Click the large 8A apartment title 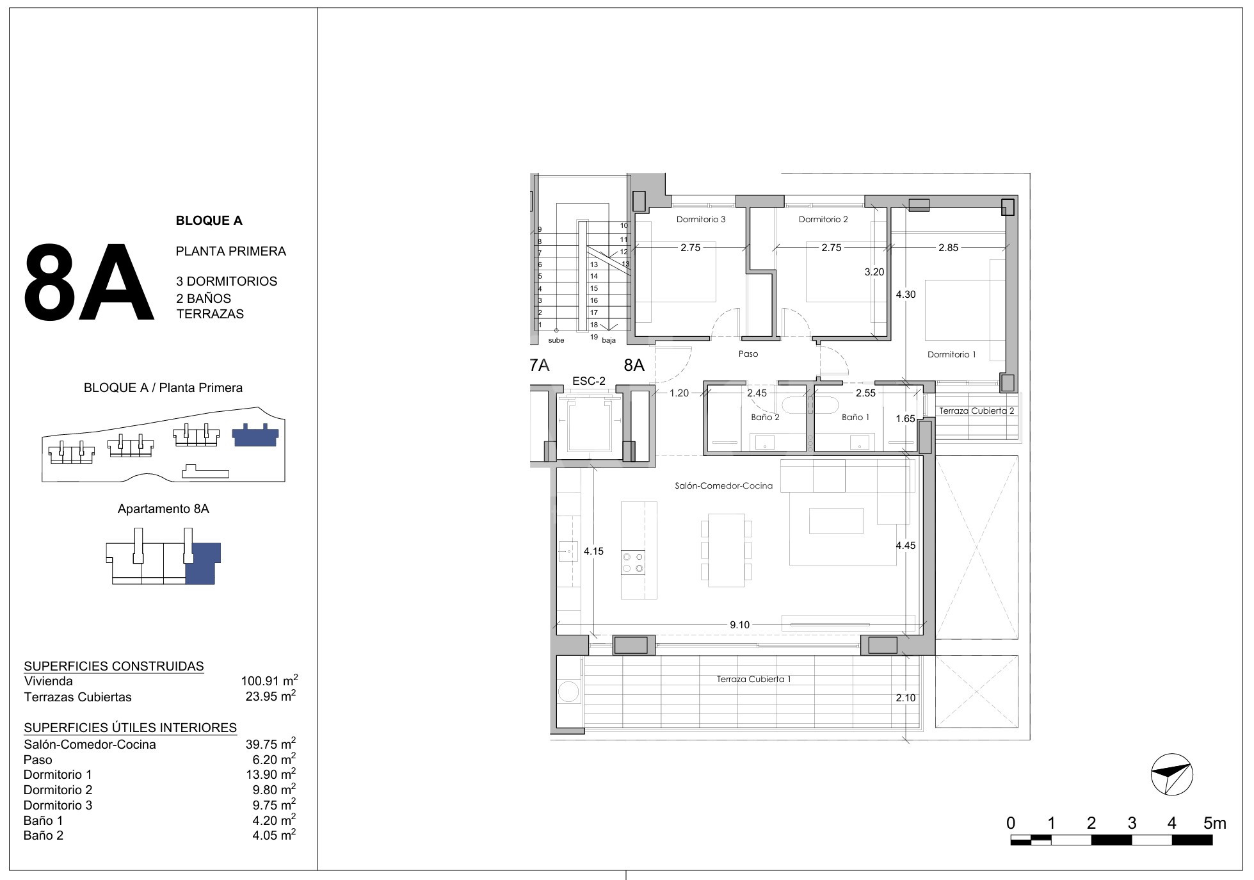pos(88,282)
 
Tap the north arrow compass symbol pos(1171,774)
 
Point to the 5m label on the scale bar pos(1214,823)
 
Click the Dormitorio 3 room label pos(701,220)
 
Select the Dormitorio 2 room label pos(823,220)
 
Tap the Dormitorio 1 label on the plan pos(952,354)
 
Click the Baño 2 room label pos(765,418)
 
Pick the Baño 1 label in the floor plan pos(856,418)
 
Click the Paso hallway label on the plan pos(748,354)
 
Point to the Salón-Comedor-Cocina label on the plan pos(724,486)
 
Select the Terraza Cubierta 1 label pos(754,679)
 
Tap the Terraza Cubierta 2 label pos(977,411)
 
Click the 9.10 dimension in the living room pos(739,625)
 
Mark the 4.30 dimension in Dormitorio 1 pos(906,295)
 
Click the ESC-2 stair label pos(589,381)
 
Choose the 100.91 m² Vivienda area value pos(269,681)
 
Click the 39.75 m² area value pos(271,744)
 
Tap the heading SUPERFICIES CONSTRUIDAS pos(114,666)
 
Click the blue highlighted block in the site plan pos(255,435)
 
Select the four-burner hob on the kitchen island pos(633,562)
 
